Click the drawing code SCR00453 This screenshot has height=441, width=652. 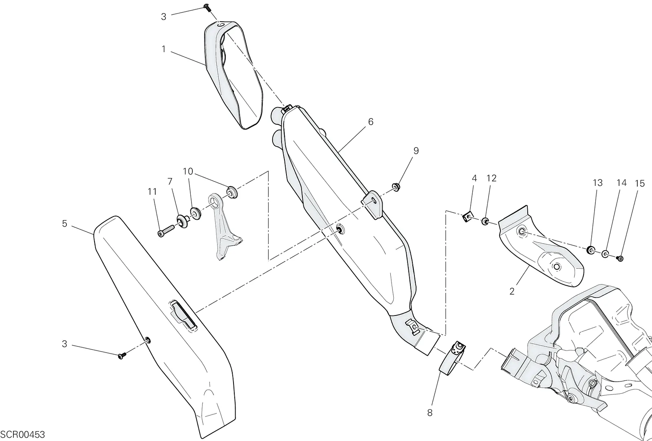pyautogui.click(x=22, y=435)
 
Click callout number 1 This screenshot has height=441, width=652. pyautogui.click(x=163, y=49)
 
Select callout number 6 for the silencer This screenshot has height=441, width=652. pyautogui.click(x=370, y=122)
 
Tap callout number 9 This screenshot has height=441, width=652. pyautogui.click(x=416, y=151)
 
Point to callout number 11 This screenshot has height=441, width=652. pyautogui.click(x=152, y=192)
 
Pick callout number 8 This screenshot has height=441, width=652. pyautogui.click(x=430, y=413)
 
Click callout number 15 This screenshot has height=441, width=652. pyautogui.click(x=640, y=183)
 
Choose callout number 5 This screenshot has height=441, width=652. pyautogui.click(x=65, y=223)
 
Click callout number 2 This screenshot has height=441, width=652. pyautogui.click(x=512, y=291)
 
